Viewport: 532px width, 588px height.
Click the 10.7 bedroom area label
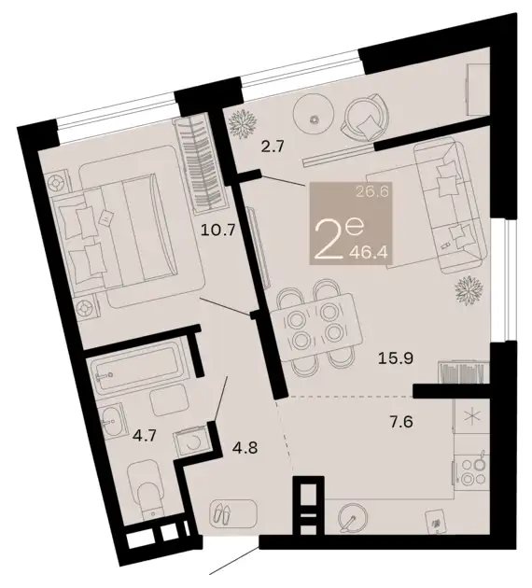point(217,229)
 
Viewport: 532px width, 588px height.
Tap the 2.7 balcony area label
point(273,147)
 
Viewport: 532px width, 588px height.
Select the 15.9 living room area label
point(396,358)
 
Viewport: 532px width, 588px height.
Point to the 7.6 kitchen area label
point(400,422)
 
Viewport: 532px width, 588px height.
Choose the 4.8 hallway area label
point(245,447)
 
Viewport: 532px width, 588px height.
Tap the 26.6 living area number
point(373,193)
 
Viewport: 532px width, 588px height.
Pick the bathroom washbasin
point(112,421)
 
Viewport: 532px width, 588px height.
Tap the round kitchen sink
point(353,517)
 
